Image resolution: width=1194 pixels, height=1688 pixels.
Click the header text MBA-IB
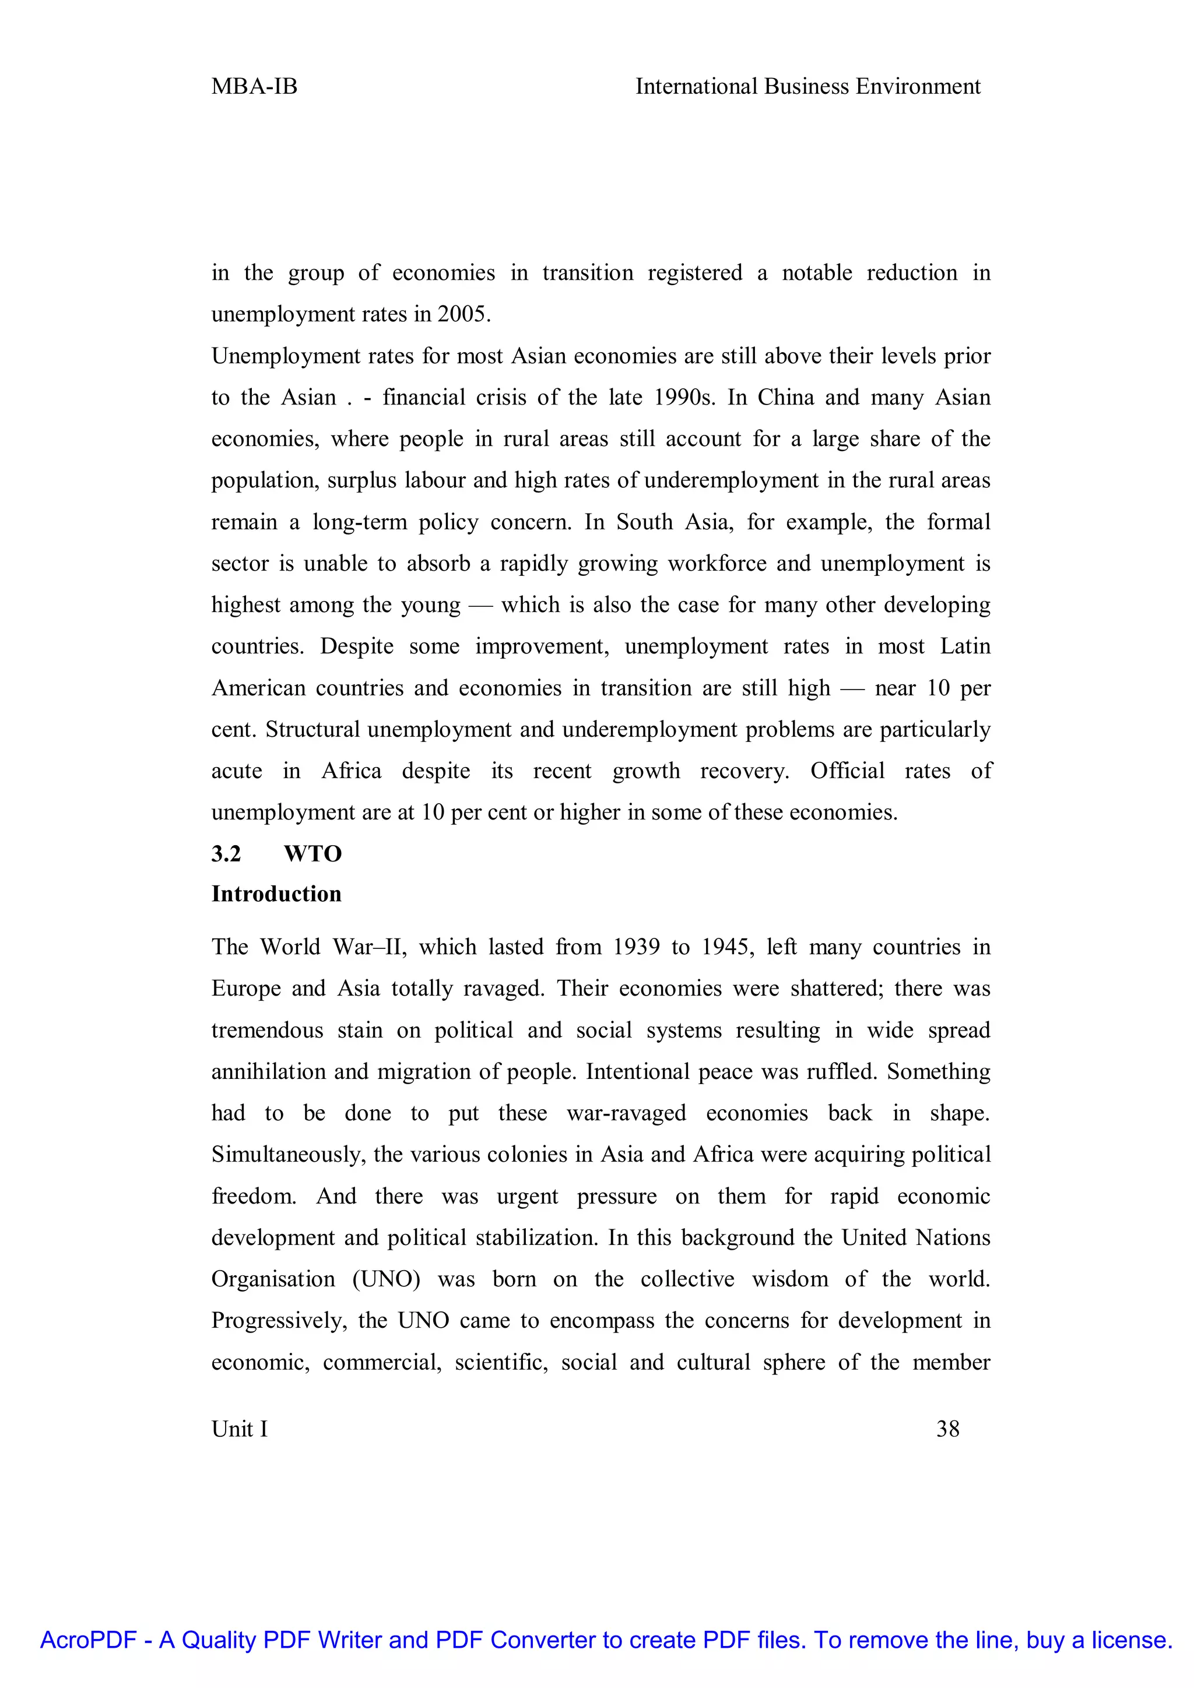click(254, 87)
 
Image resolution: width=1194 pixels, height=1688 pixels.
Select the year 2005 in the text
click(462, 315)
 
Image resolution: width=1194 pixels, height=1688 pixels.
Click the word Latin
click(965, 646)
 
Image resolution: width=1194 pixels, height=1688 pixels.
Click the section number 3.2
click(226, 853)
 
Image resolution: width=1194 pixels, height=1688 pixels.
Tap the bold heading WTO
click(312, 853)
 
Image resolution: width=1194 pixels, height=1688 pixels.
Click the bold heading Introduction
click(276, 894)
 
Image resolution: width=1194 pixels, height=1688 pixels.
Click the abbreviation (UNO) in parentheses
click(386, 1279)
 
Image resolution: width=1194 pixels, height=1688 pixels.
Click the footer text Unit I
click(240, 1429)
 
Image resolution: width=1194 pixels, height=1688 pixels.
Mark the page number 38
click(948, 1429)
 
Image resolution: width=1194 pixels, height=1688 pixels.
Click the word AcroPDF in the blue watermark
click(88, 1640)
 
